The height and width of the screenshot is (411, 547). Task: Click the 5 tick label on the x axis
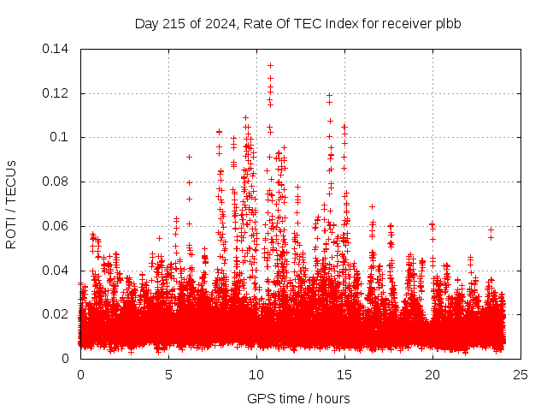pos(168,374)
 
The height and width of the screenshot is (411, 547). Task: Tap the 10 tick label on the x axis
pos(256,374)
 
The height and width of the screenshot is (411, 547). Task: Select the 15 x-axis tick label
pos(344,374)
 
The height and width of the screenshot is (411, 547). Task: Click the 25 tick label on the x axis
pos(521,374)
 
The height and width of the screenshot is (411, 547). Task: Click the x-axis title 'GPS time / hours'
pos(298,398)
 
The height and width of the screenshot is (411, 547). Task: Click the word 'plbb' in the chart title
pos(449,24)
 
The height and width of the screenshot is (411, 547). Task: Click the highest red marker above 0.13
pos(270,65)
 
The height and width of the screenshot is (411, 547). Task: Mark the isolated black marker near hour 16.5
pos(372,206)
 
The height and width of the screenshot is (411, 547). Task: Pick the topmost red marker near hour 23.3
pos(491,229)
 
